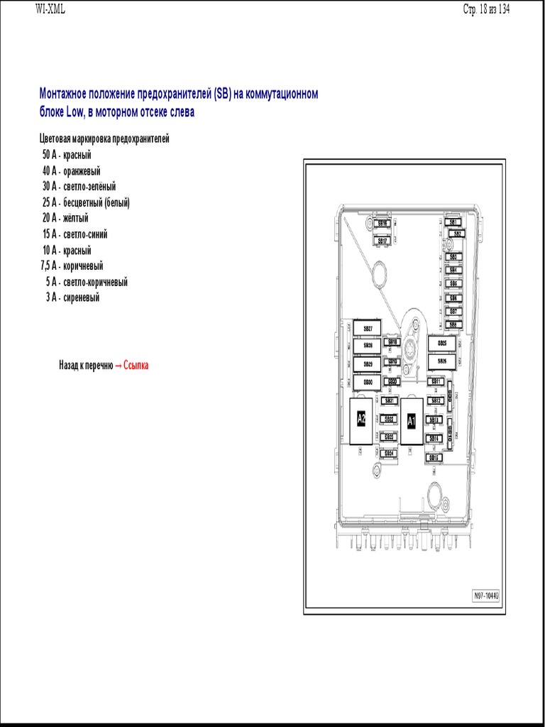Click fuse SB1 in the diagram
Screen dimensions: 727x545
453,222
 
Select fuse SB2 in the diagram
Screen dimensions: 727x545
457,234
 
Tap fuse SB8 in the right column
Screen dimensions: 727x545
453,324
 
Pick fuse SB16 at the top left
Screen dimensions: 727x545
382,223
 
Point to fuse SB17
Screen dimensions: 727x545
382,241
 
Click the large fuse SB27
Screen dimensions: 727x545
368,329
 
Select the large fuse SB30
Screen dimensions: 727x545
368,382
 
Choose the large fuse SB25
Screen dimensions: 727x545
442,344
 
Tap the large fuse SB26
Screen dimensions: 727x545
442,361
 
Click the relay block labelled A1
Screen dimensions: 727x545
411,421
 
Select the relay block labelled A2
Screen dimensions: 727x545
361,419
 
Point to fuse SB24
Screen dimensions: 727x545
389,453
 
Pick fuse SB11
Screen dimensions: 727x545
435,382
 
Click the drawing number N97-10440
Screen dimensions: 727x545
486,596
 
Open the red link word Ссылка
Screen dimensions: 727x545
136,366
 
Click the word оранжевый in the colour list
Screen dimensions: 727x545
82,171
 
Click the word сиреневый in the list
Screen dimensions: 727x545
82,297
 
